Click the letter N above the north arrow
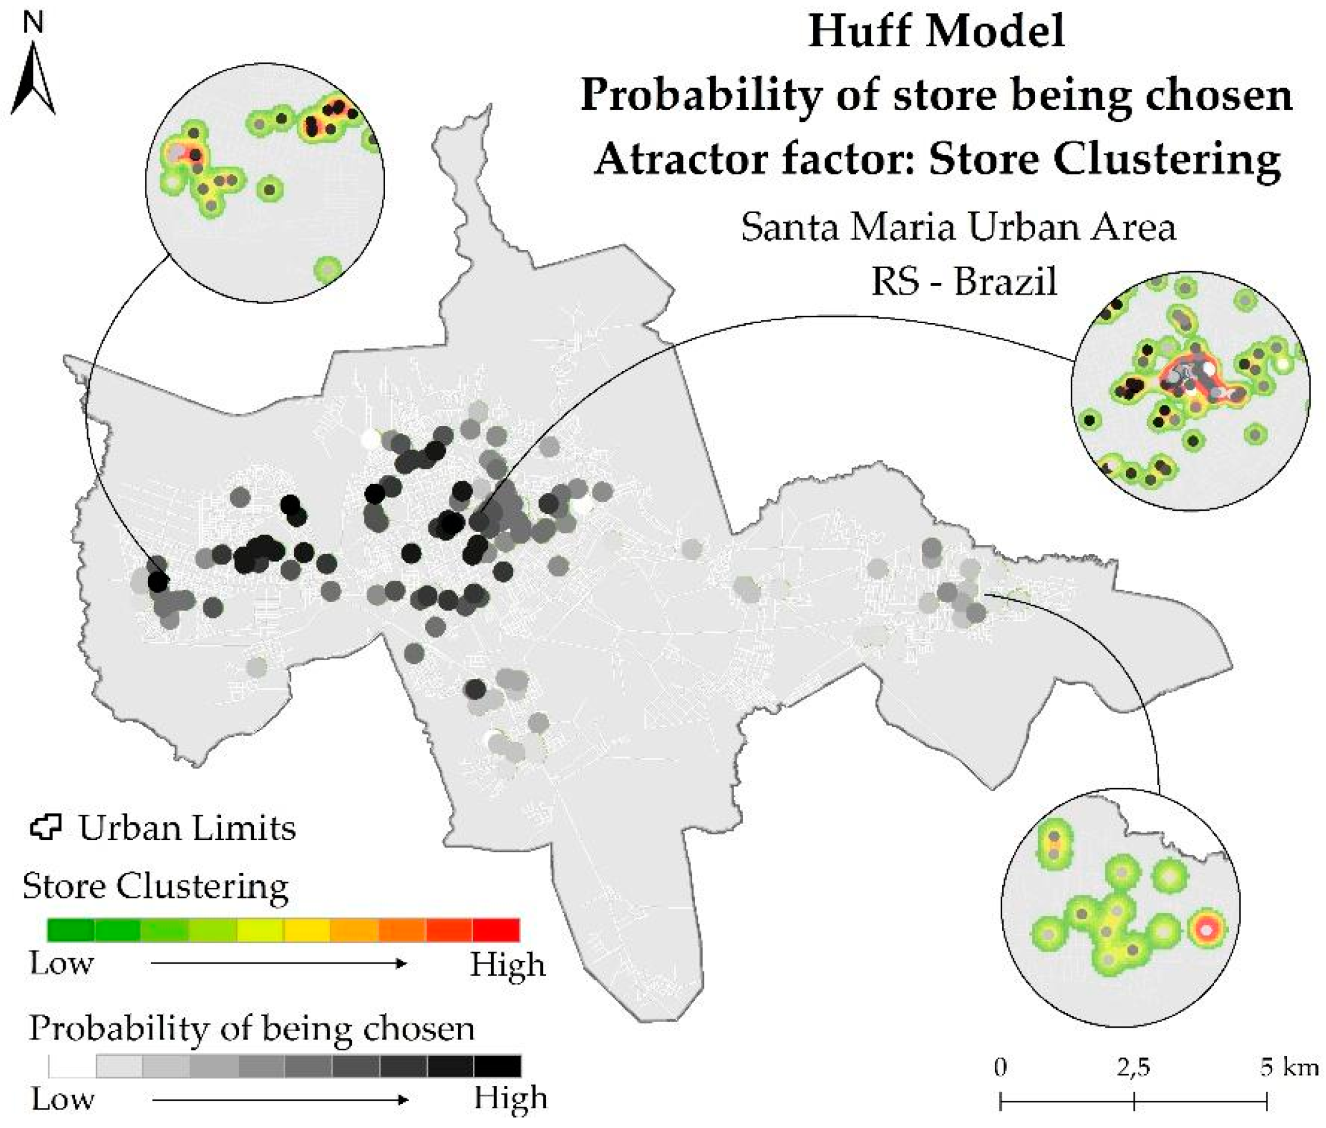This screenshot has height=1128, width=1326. (33, 24)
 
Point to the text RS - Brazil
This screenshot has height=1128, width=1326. (964, 280)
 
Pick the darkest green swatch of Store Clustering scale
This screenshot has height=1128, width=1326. (71, 930)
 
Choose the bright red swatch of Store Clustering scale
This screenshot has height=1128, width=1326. (496, 930)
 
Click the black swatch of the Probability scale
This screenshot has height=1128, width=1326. (498, 1067)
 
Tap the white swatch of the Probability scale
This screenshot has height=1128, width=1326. (72, 1067)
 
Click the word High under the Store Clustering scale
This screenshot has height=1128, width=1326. (508, 965)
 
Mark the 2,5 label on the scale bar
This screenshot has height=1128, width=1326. (1133, 1068)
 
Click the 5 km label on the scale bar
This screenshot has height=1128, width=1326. (1289, 1068)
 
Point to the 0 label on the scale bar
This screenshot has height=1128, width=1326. (1000, 1068)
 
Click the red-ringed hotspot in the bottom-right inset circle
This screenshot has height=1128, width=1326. (1205, 930)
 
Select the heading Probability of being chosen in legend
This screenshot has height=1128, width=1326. (252, 1029)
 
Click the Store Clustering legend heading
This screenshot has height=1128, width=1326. (155, 887)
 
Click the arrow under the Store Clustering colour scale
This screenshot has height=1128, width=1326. (279, 964)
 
